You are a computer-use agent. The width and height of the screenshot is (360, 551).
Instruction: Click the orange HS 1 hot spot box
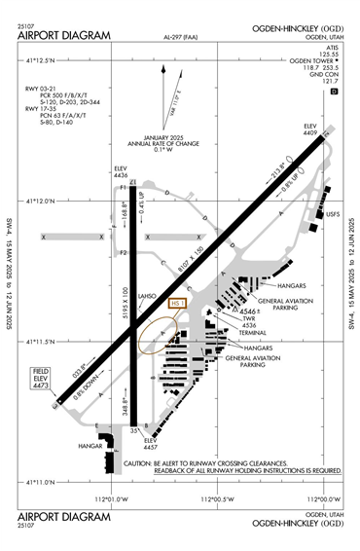pyautogui.click(x=177, y=303)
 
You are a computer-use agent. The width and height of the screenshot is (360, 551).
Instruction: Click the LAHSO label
pyautogui.click(x=148, y=296)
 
